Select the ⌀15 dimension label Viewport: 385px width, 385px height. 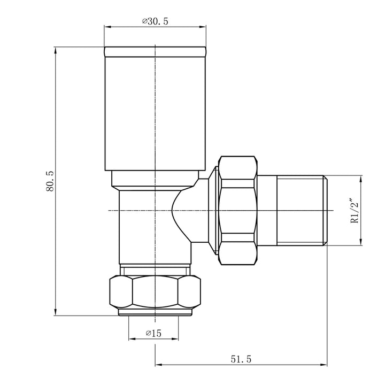[153, 333]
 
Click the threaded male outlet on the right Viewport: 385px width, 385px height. [302, 210]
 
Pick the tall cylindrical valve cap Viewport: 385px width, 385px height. [155, 112]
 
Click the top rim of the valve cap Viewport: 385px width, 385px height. [155, 52]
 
